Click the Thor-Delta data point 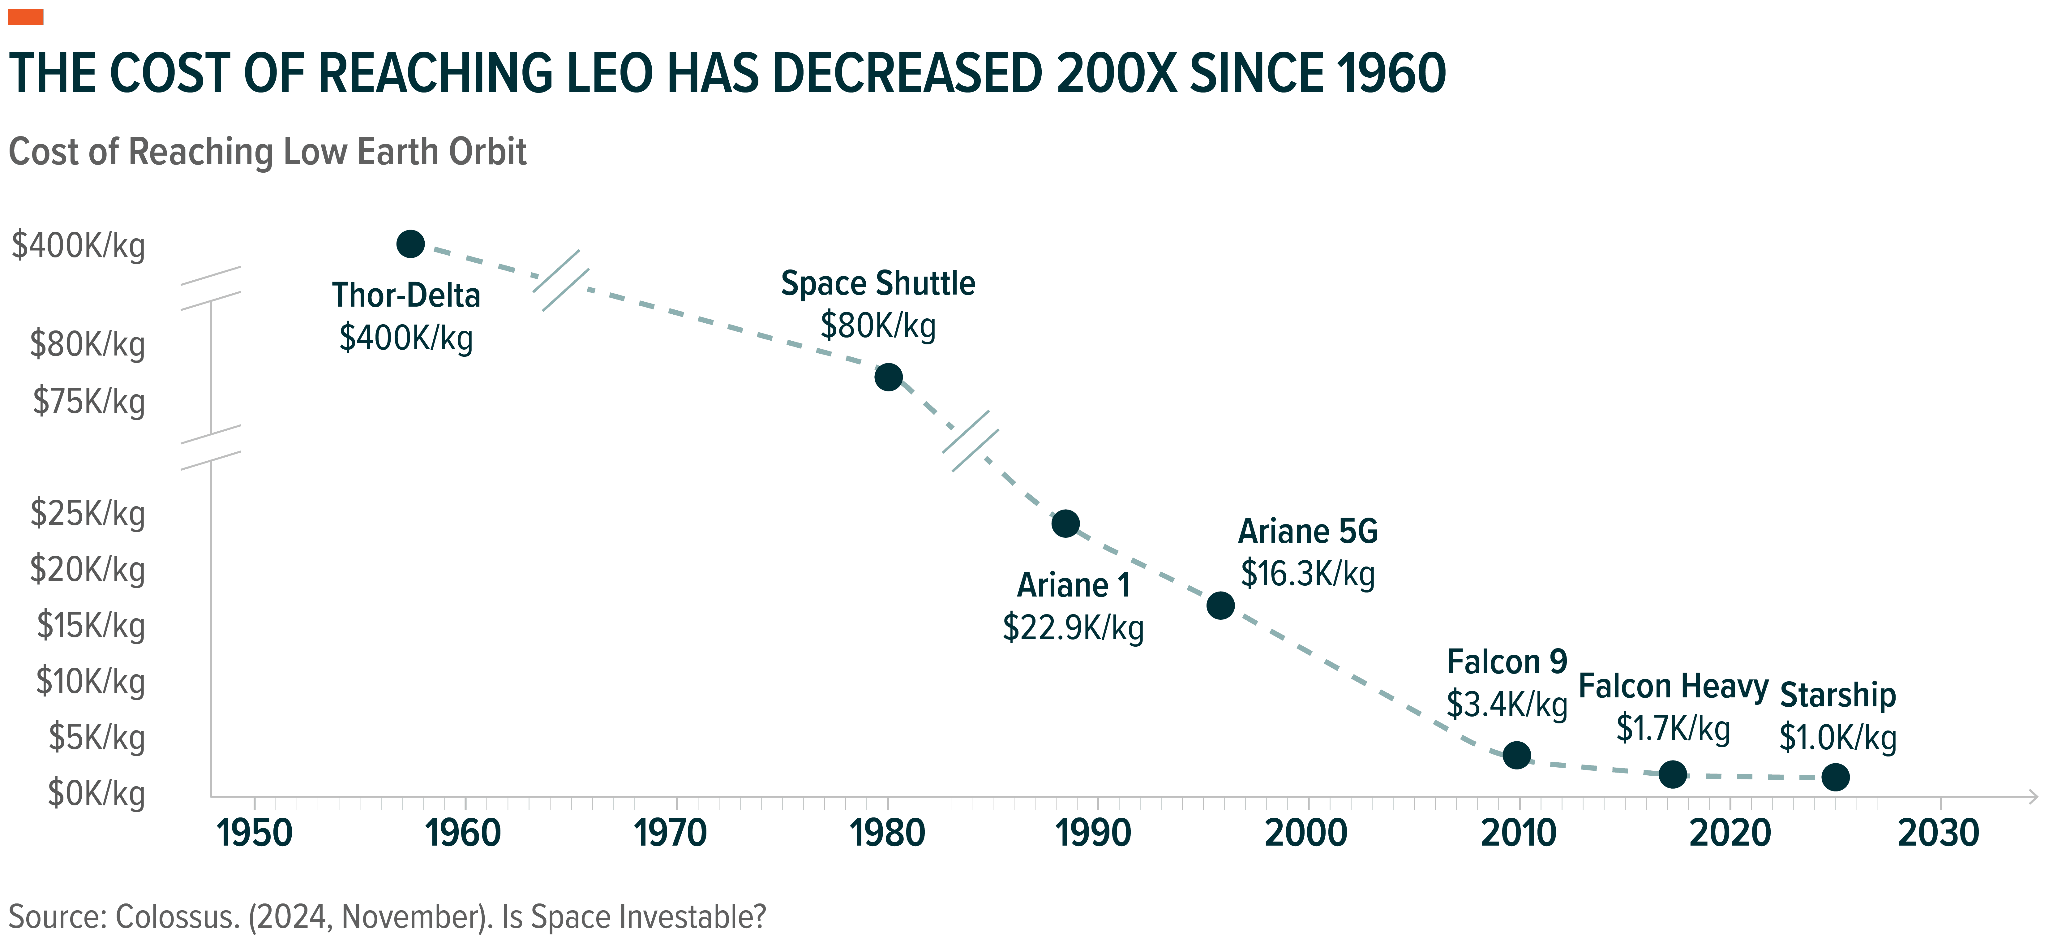coord(411,243)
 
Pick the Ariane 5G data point coord(1220,605)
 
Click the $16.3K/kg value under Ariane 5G coord(1308,574)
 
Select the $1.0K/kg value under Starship coord(1838,737)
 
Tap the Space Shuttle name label coord(878,283)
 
